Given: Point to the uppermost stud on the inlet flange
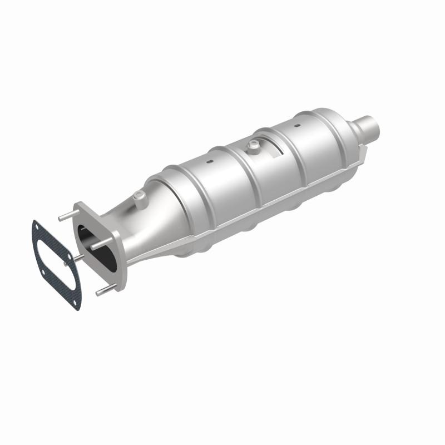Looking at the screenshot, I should point(65,211).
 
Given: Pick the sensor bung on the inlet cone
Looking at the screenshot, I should point(137,196).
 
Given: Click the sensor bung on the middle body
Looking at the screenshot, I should point(254,146).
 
